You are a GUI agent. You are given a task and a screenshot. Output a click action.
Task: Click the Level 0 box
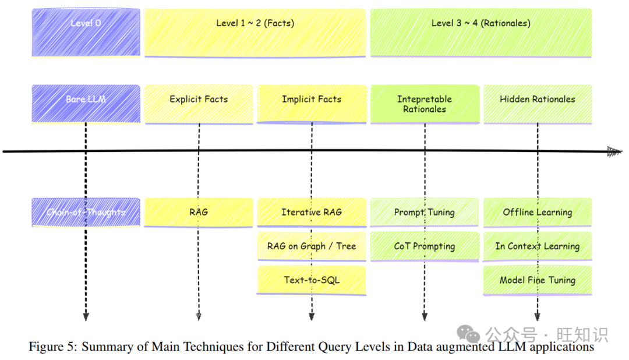tap(86, 32)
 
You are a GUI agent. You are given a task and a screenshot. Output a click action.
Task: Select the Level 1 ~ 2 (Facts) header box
tap(255, 32)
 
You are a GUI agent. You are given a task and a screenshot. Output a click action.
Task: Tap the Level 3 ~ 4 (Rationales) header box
tap(481, 32)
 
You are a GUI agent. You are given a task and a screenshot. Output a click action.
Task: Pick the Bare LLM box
tap(86, 104)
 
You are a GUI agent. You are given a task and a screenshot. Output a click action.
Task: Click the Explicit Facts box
tap(199, 104)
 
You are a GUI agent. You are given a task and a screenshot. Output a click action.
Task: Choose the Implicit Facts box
tap(312, 104)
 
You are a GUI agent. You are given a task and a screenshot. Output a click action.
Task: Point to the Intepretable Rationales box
tap(425, 104)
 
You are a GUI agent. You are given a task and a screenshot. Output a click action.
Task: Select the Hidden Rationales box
tap(538, 104)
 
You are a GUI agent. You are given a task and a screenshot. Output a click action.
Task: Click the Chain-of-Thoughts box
tap(86, 212)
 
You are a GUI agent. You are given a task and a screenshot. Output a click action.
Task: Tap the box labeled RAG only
tap(199, 212)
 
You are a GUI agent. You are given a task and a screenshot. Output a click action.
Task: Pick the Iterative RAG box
tap(312, 212)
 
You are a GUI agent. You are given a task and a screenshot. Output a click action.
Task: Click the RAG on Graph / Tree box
tap(312, 246)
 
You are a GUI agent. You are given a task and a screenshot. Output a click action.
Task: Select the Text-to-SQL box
tap(312, 280)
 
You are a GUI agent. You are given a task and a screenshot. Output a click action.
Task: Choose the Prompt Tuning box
tap(425, 212)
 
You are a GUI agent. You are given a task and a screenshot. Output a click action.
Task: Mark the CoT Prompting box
tap(425, 246)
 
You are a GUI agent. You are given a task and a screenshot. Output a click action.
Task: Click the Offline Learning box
tap(538, 212)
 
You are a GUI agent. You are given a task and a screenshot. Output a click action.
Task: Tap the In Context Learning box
tap(538, 246)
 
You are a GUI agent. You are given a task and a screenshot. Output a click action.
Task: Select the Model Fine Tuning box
tap(538, 280)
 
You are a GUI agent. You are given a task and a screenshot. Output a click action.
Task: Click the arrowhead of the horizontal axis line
tap(614, 151)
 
